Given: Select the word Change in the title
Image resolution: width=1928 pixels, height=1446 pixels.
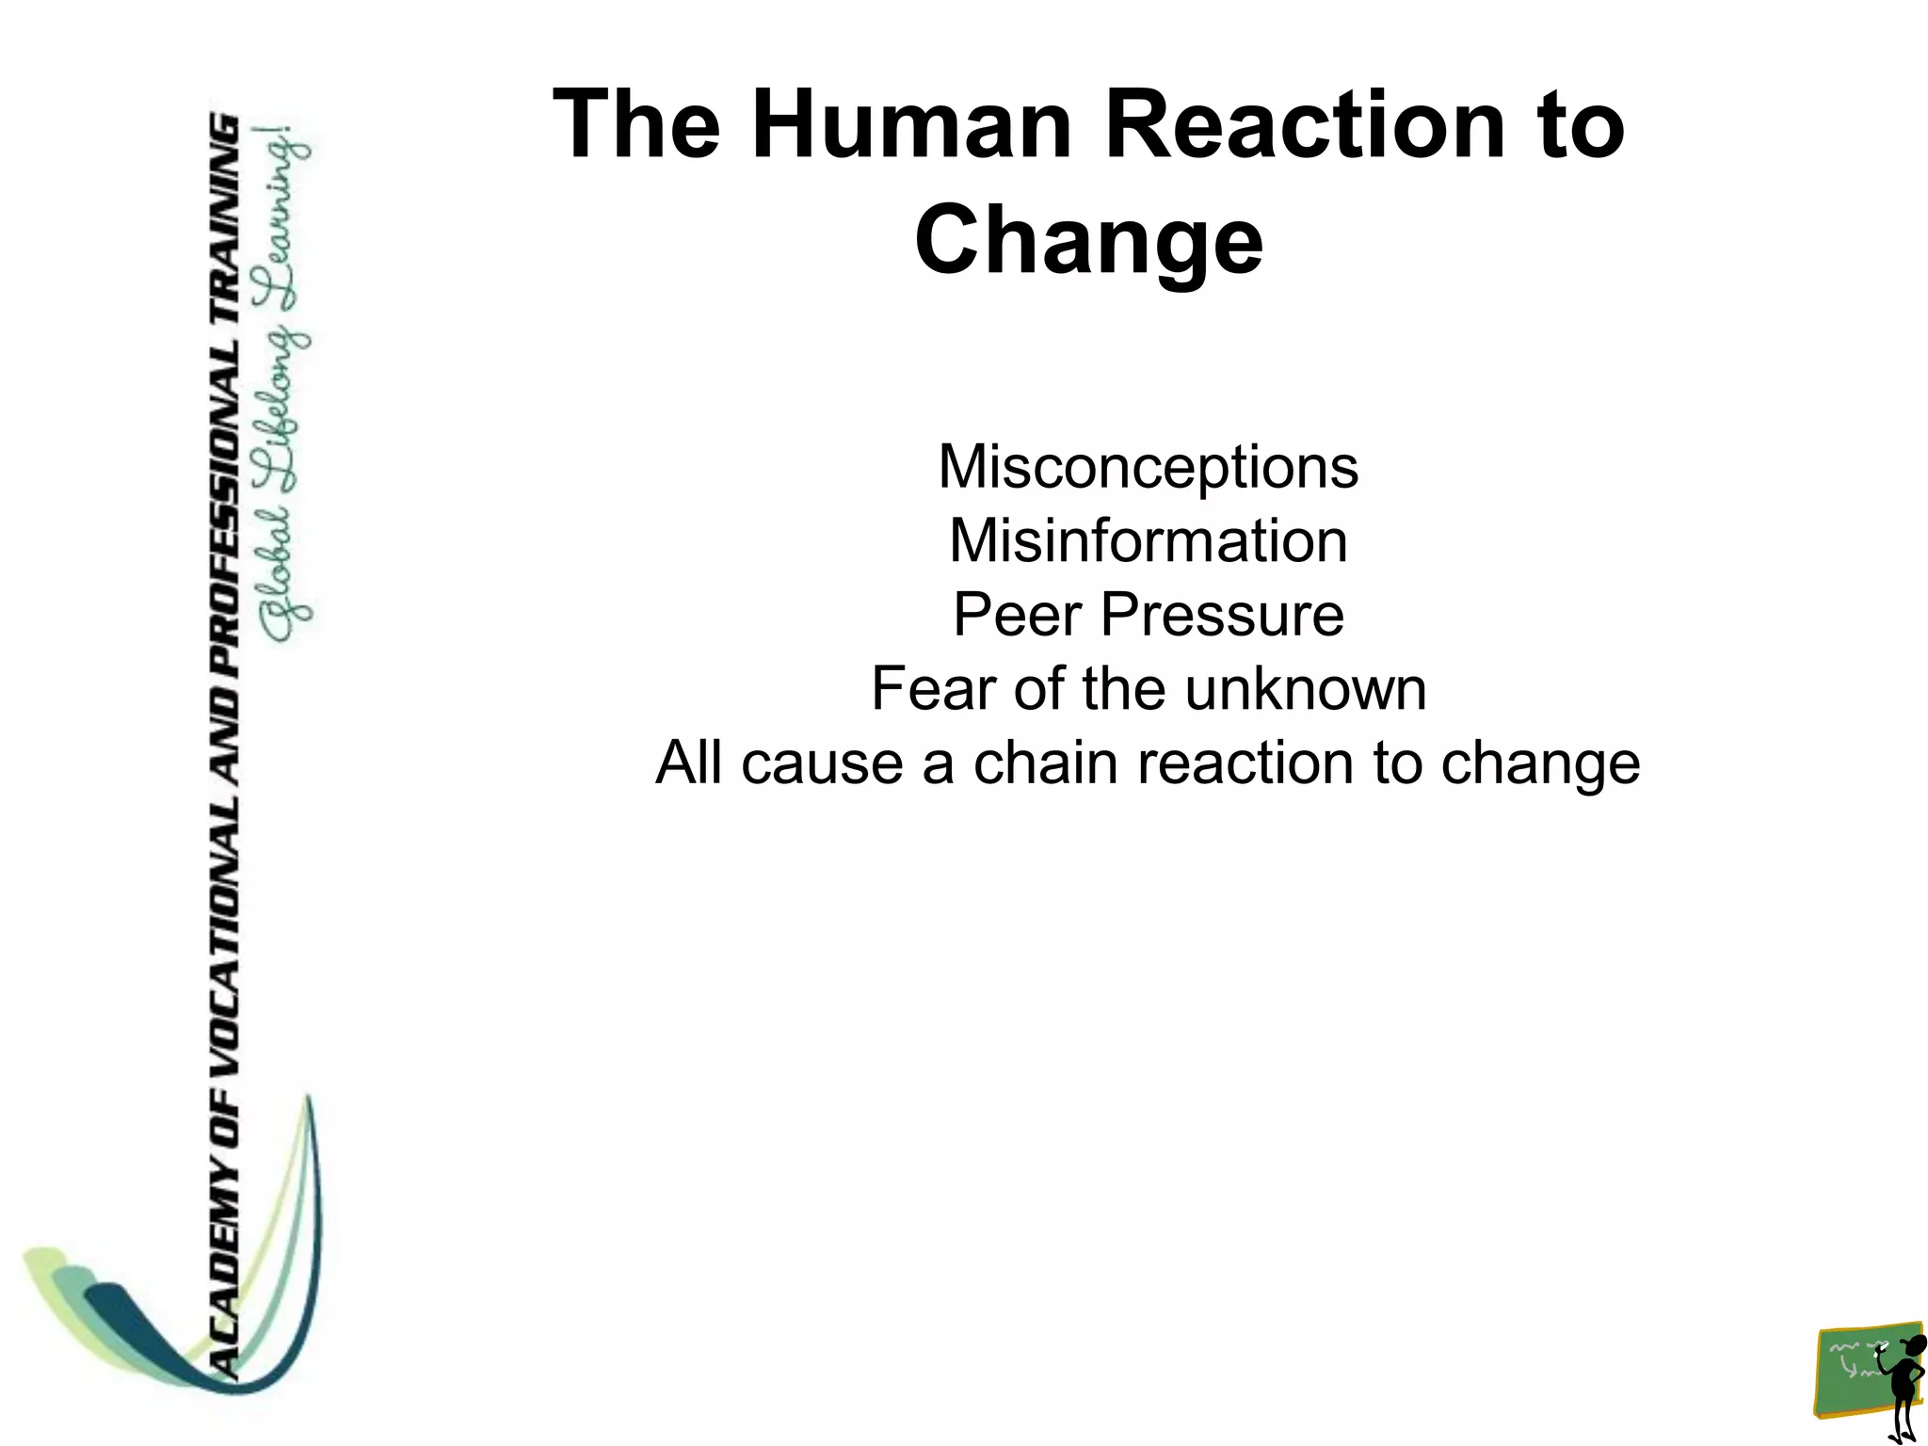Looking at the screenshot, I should click(x=1088, y=239).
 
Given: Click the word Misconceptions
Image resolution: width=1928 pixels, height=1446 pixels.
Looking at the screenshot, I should click(x=1148, y=467).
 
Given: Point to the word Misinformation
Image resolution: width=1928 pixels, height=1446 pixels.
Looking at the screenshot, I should click(x=1148, y=541).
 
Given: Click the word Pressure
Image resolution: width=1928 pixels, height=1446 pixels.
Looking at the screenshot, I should click(x=1222, y=615).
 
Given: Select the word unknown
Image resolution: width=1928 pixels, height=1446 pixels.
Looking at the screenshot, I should click(x=1305, y=688).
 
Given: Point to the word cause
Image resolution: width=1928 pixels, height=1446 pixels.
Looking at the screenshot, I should click(x=820, y=762).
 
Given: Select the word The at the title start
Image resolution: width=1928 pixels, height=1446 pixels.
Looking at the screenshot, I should click(x=636, y=125).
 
